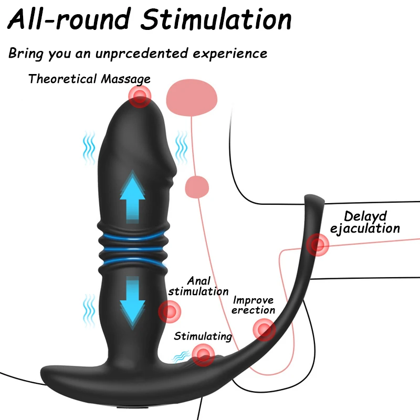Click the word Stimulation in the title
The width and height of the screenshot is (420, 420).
(x=218, y=19)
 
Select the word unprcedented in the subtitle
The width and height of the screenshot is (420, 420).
(x=153, y=54)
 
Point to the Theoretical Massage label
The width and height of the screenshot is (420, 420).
(x=89, y=79)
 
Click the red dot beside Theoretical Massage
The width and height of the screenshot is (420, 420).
(x=140, y=97)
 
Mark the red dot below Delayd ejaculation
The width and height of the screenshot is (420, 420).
(x=317, y=244)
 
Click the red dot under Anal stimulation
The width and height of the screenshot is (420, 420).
(x=170, y=312)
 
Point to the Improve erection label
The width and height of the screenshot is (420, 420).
(x=254, y=305)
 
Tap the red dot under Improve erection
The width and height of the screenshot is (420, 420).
(x=264, y=330)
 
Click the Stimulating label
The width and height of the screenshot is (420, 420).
(x=203, y=337)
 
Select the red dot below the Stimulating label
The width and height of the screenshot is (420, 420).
(x=203, y=355)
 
